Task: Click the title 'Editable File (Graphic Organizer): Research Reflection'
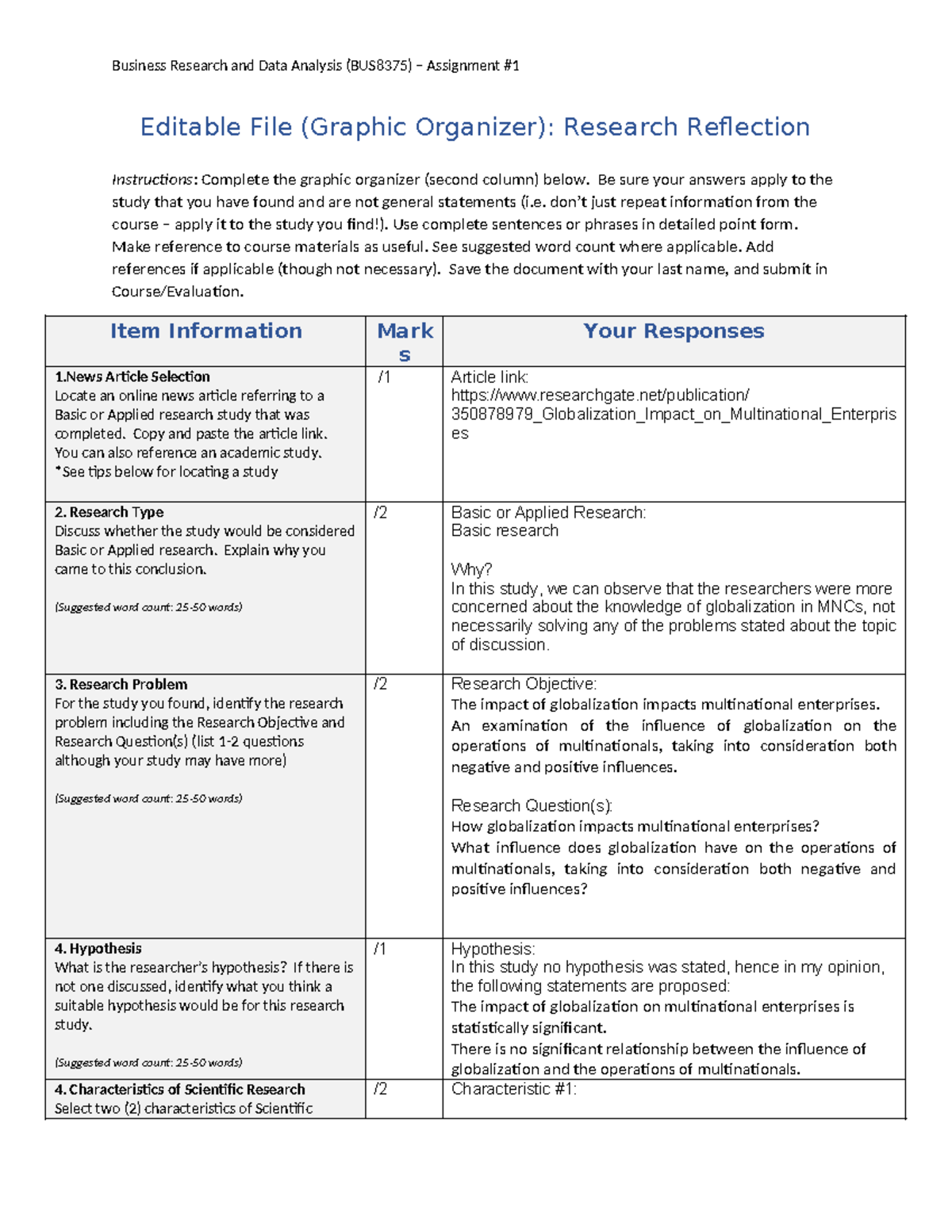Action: tap(474, 127)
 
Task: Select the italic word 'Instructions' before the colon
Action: tap(152, 180)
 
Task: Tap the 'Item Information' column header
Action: tap(205, 331)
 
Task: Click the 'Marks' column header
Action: tap(405, 342)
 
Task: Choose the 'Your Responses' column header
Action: tap(674, 331)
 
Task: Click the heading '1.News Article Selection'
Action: tap(132, 377)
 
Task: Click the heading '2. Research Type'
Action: tap(109, 513)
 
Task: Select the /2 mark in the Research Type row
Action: tap(381, 513)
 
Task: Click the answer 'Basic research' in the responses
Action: tap(505, 531)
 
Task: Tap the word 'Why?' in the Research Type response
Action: tap(471, 569)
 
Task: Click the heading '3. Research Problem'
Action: tap(121, 685)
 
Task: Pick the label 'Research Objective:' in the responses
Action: tap(524, 684)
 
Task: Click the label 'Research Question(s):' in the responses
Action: tap(532, 806)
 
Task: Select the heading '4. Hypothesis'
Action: tap(98, 949)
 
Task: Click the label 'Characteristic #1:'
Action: tap(513, 1089)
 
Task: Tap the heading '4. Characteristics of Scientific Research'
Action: tap(179, 1090)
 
